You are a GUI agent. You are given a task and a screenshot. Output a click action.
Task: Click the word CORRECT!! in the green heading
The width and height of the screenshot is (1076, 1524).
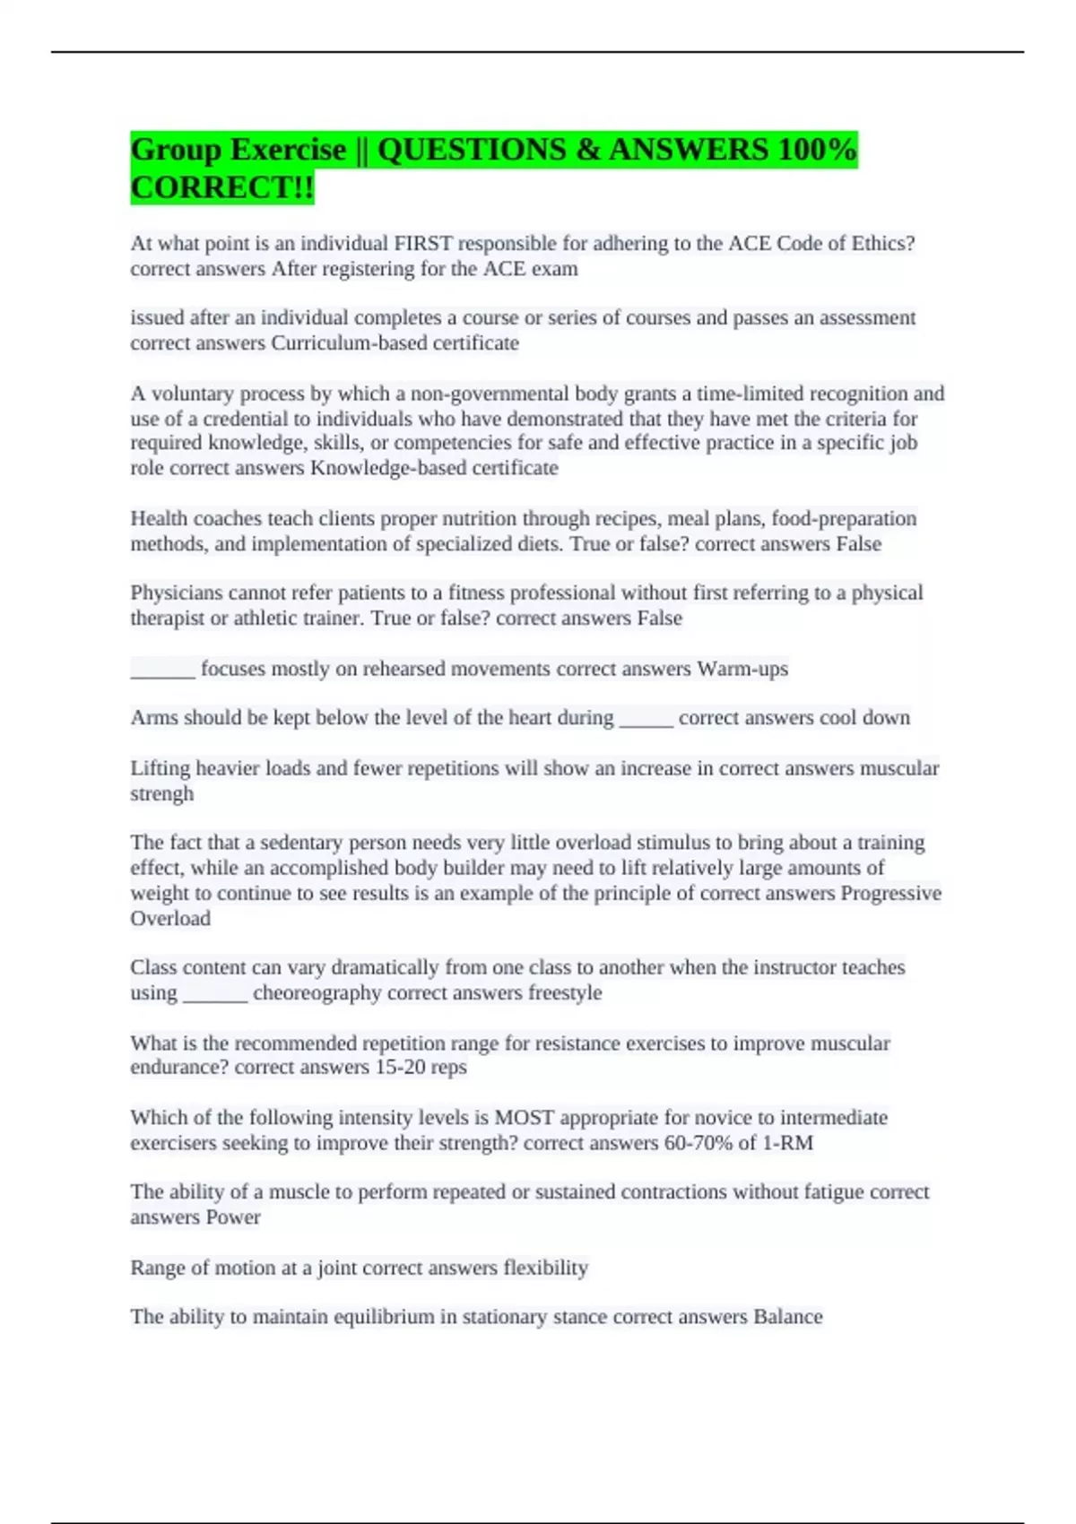(x=222, y=188)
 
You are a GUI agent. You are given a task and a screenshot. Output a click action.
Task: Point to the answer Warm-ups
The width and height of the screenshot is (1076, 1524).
(x=742, y=669)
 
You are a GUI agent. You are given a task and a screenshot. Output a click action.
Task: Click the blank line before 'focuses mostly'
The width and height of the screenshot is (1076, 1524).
(x=162, y=672)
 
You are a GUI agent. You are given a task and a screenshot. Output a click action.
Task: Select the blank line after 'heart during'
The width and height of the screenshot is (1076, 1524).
(x=646, y=721)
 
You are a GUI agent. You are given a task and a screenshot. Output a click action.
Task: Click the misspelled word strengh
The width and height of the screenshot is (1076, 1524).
(x=161, y=794)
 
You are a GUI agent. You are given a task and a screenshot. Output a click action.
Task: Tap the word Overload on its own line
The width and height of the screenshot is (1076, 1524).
(x=170, y=919)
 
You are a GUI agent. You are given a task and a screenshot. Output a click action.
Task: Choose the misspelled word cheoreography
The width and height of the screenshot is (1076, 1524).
(x=317, y=993)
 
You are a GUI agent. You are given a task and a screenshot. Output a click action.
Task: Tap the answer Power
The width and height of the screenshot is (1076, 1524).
(x=233, y=1217)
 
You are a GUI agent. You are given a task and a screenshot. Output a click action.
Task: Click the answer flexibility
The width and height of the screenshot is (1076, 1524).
(x=545, y=1268)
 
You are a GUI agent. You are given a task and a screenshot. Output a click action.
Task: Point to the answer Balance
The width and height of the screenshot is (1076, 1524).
(x=787, y=1317)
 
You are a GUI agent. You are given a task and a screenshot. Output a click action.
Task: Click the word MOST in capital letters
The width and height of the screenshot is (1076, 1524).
(x=525, y=1118)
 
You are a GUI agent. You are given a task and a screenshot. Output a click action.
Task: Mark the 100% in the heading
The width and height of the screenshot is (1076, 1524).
(x=817, y=150)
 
